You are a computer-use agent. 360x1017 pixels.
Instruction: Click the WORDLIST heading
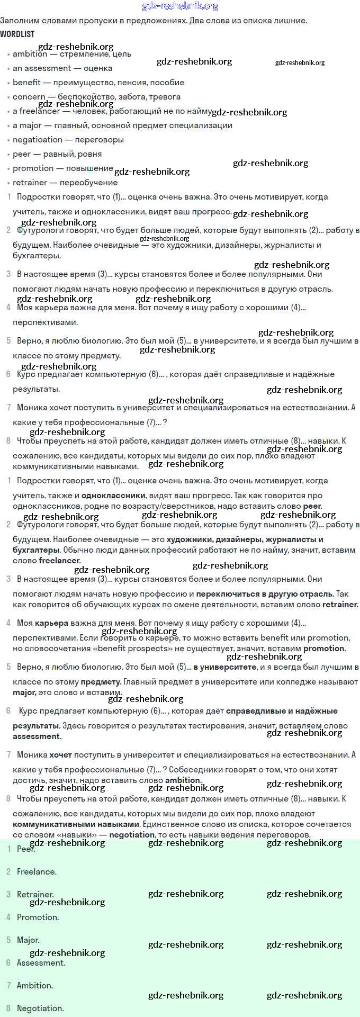coord(17,34)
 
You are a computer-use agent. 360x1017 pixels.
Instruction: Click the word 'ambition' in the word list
coord(30,54)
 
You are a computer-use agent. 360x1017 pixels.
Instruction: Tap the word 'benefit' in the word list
coord(26,83)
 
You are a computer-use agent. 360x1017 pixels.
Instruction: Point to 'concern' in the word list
coord(29,97)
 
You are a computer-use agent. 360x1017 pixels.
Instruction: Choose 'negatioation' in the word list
coord(38,140)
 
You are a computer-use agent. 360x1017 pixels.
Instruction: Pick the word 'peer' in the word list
coord(22,154)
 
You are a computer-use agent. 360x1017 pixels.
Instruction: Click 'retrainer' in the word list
coord(30,183)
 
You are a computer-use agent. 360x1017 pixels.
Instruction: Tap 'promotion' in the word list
coord(33,168)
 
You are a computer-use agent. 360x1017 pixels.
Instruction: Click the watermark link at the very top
coord(180,6)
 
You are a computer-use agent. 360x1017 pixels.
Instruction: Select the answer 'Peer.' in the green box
coord(26,849)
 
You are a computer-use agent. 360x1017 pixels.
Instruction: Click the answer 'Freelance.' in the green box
coord(37,871)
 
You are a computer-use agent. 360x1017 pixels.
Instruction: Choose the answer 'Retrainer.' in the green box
coord(35,894)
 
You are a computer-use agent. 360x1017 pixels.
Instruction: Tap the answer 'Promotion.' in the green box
coord(38,917)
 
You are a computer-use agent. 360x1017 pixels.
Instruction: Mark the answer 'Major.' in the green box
coord(28,940)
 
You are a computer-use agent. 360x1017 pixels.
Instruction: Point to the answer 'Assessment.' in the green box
coord(41,962)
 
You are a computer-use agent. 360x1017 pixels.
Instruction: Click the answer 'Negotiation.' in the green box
coord(40,1008)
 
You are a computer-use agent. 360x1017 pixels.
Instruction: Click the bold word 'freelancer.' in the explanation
coord(60,560)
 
